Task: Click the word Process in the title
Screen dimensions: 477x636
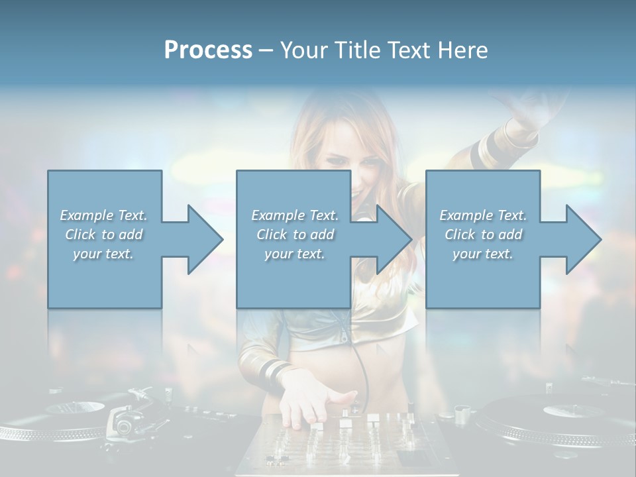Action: coord(208,50)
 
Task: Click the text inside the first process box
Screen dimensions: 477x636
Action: coord(103,235)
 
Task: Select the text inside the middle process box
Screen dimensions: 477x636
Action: coord(294,235)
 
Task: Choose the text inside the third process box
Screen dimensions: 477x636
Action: coord(483,235)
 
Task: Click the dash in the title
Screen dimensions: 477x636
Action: coord(266,50)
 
